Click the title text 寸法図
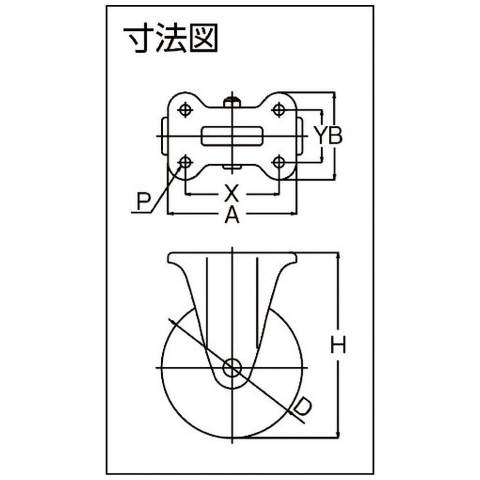point(170,39)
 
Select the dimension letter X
point(231,193)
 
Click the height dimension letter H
point(338,345)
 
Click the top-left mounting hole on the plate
point(185,110)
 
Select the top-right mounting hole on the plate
point(278,110)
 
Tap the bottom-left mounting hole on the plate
point(185,162)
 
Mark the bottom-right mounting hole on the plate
point(278,162)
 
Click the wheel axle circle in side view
point(232,368)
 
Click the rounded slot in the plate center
point(232,136)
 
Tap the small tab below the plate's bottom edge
point(232,167)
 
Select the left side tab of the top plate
point(164,136)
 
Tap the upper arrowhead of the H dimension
point(338,256)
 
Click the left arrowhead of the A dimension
point(171,214)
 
